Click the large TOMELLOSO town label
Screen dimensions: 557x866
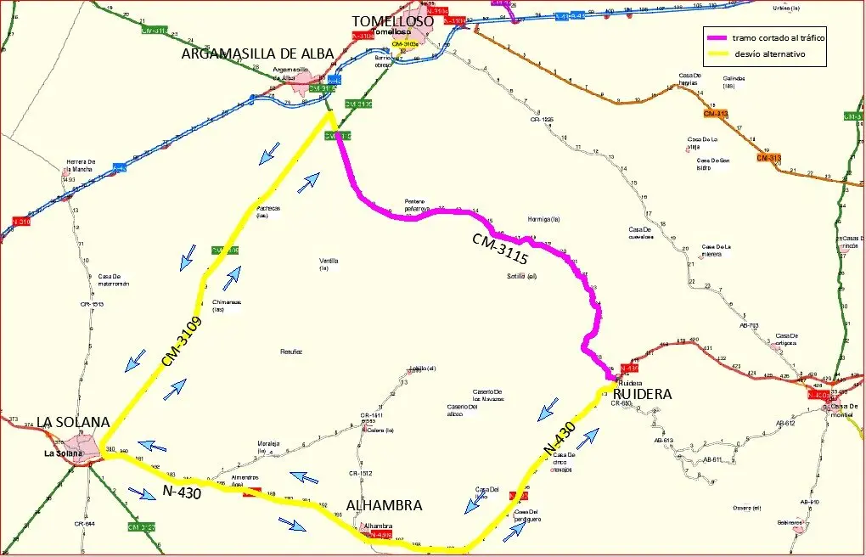pyautogui.click(x=393, y=20)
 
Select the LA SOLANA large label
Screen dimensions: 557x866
pyautogui.click(x=73, y=422)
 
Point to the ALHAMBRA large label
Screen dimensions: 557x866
pyautogui.click(x=384, y=505)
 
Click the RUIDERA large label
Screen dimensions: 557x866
pyautogui.click(x=641, y=395)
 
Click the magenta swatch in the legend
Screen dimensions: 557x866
pyautogui.click(x=716, y=37)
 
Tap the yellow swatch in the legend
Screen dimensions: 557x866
pyautogui.click(x=716, y=54)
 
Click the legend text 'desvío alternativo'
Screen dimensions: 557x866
pyautogui.click(x=768, y=54)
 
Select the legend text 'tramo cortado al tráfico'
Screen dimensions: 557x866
pyautogui.click(x=779, y=37)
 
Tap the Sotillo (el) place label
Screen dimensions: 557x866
pyautogui.click(x=521, y=277)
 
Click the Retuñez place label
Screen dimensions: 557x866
pyautogui.click(x=291, y=351)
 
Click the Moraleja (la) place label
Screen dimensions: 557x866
pyautogui.click(x=268, y=447)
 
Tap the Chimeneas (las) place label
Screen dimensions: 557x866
pyautogui.click(x=227, y=305)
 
